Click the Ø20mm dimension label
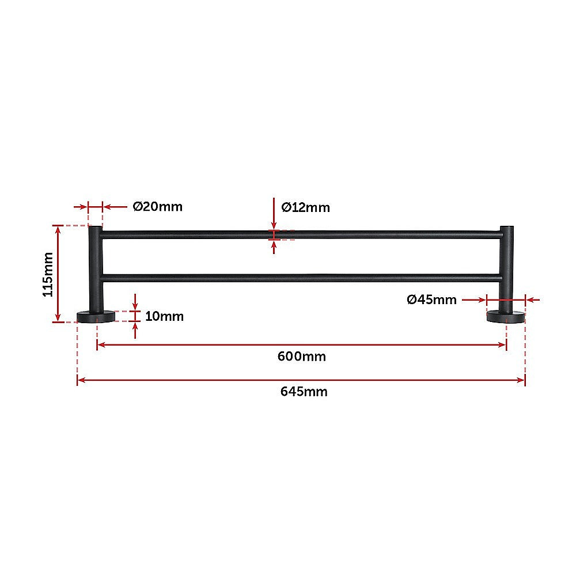(157, 206)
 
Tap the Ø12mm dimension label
(305, 207)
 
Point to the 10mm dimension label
(164, 316)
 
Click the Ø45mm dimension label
(431, 300)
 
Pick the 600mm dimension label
(301, 357)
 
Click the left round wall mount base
(96, 317)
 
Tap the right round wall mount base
(506, 317)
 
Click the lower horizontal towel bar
(300, 278)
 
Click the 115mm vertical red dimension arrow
(58, 274)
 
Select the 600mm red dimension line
(301, 344)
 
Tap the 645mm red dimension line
(301, 380)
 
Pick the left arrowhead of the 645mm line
(81, 380)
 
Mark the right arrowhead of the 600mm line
(503, 344)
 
